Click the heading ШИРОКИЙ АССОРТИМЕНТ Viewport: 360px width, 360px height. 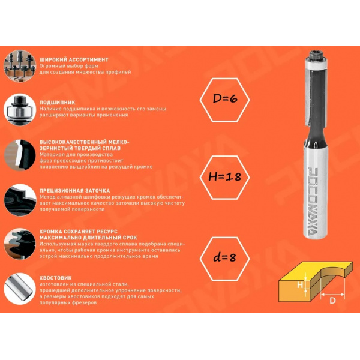tap(74, 59)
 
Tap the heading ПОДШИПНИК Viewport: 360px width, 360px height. tap(57, 103)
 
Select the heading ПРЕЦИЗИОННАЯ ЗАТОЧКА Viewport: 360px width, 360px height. tap(74, 191)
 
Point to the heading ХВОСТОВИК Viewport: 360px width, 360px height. tap(55, 278)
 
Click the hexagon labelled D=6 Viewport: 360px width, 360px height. tap(224, 100)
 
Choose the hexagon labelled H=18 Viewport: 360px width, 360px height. tap(224, 177)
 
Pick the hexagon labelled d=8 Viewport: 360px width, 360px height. tap(224, 259)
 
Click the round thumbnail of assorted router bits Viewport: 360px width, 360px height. tap(20, 66)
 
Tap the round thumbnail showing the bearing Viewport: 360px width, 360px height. tap(20, 110)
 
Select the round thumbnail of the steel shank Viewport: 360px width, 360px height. tap(20, 289)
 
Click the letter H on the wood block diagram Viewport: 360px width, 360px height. tap(300, 285)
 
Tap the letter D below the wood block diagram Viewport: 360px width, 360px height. tap(332, 301)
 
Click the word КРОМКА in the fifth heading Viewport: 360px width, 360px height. tap(50, 232)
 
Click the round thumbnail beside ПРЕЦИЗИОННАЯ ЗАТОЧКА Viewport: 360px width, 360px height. tap(20, 200)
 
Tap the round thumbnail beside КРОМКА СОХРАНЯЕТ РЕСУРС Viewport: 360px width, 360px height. tap(20, 244)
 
